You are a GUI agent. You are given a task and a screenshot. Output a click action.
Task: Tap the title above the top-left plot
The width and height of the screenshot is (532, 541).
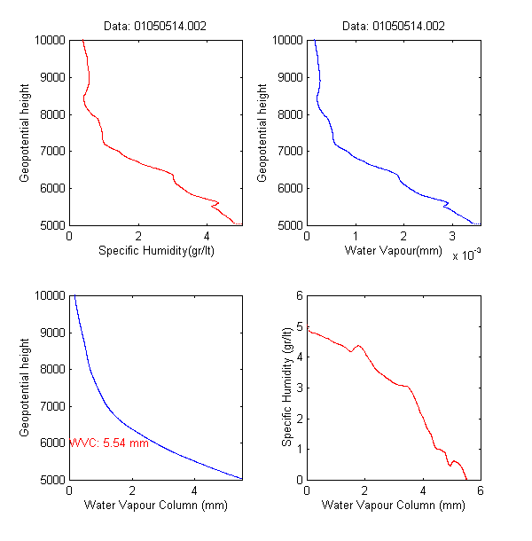click(x=156, y=27)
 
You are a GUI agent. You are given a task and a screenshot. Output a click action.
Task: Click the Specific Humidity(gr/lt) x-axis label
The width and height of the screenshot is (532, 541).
click(x=156, y=251)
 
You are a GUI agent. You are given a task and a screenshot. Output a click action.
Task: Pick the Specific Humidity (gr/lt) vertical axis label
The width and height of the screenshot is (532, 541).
click(x=288, y=387)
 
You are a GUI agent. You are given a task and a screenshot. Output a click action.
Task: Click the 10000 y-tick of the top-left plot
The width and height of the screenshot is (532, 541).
click(x=49, y=40)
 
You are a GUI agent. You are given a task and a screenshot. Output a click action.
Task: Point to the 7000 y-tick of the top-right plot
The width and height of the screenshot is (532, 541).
click(x=288, y=151)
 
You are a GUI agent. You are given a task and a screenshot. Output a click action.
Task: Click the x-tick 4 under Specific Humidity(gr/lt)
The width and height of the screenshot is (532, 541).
click(x=207, y=237)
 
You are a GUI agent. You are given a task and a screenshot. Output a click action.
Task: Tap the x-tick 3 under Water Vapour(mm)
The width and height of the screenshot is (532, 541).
click(x=452, y=237)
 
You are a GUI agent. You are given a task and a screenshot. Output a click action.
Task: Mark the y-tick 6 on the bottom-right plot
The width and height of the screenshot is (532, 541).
click(x=299, y=295)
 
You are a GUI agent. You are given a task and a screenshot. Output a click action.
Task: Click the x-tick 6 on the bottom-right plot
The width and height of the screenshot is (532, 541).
click(x=480, y=490)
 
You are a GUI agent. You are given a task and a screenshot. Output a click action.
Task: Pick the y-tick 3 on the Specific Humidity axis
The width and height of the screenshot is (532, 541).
click(x=299, y=388)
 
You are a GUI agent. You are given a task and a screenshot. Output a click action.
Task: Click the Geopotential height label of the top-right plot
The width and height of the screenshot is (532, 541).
click(x=262, y=133)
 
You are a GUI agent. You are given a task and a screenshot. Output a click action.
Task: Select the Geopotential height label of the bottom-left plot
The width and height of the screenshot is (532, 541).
click(x=26, y=387)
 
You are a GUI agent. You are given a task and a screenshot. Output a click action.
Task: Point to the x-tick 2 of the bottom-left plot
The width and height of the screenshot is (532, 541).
click(x=132, y=490)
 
